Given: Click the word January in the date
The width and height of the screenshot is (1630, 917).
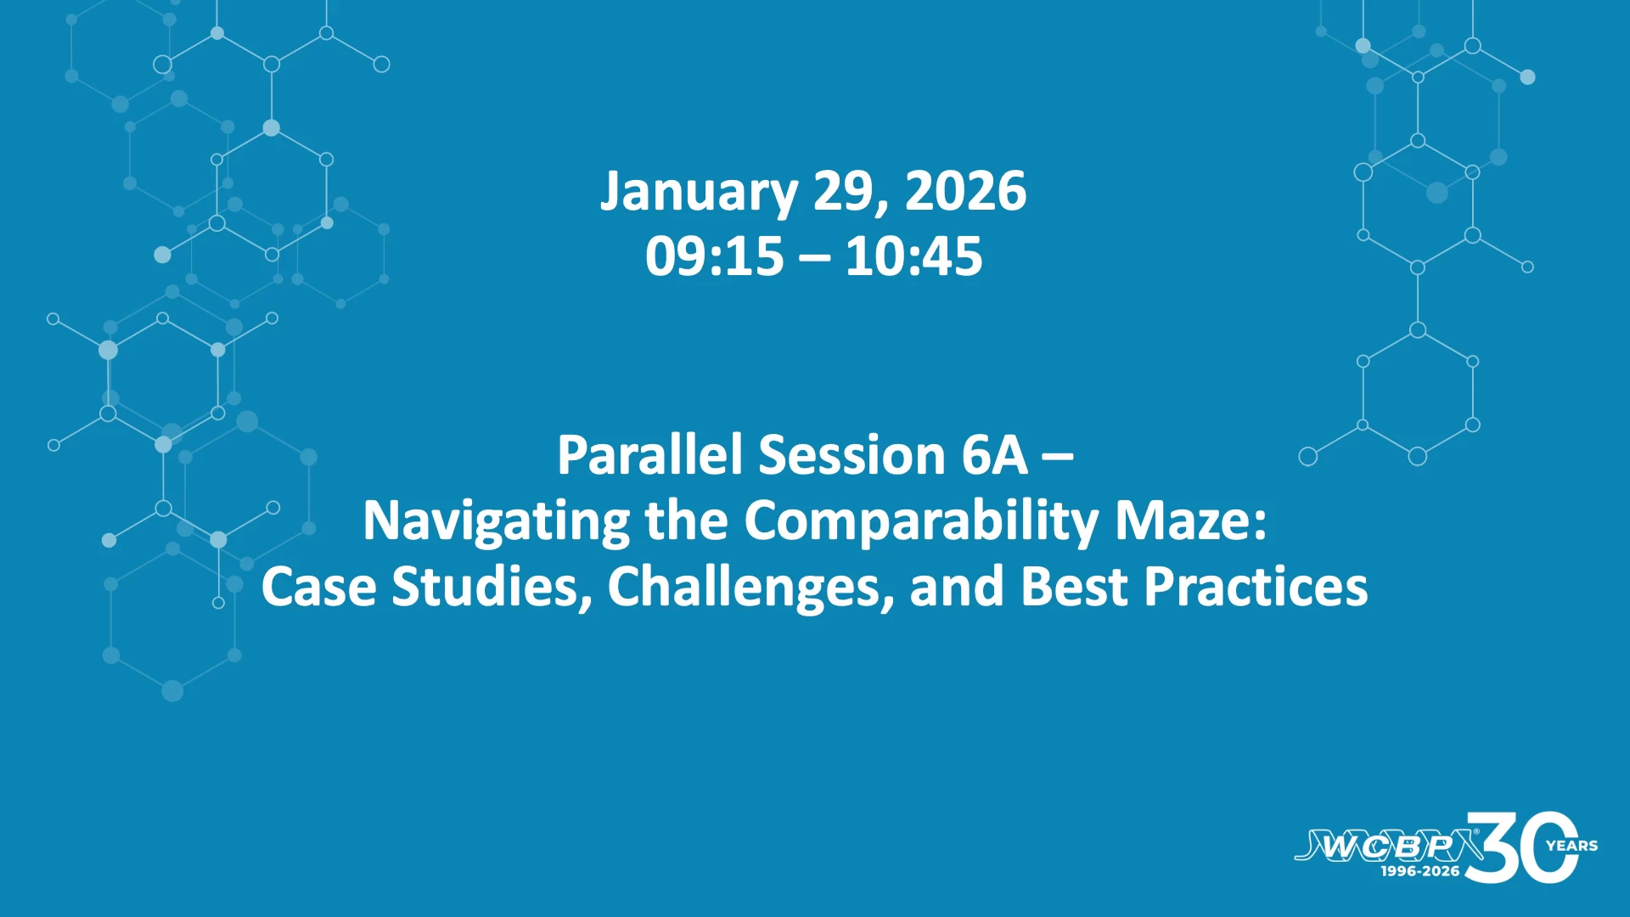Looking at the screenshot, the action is [699, 193].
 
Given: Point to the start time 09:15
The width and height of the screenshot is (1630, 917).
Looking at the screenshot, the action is [714, 256].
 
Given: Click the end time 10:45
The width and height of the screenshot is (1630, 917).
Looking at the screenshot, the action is [913, 256].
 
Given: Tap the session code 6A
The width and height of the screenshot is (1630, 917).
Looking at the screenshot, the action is [994, 455].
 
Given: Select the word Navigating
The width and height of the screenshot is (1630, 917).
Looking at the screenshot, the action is [496, 521].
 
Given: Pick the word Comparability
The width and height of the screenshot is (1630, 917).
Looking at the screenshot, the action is [921, 521].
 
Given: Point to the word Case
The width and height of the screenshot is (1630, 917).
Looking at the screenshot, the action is [318, 586].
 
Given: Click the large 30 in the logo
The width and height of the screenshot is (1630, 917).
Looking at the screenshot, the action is [1520, 847].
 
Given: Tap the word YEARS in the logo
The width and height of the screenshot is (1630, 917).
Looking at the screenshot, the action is [1571, 846].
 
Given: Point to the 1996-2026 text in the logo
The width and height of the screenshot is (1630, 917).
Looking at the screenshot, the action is [1419, 871].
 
